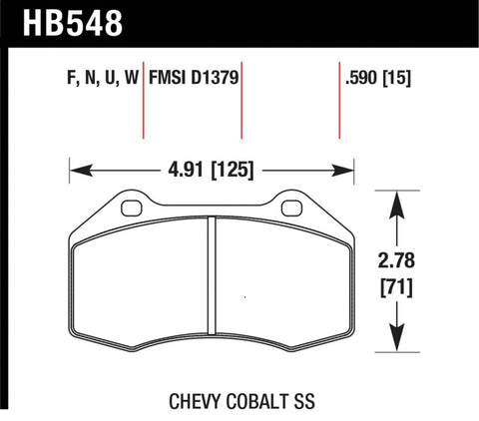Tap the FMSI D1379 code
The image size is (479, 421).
[x=194, y=77]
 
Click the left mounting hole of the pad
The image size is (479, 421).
[x=130, y=209]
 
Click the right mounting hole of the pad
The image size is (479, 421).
[x=291, y=209]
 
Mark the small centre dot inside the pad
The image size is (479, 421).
[x=245, y=295]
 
